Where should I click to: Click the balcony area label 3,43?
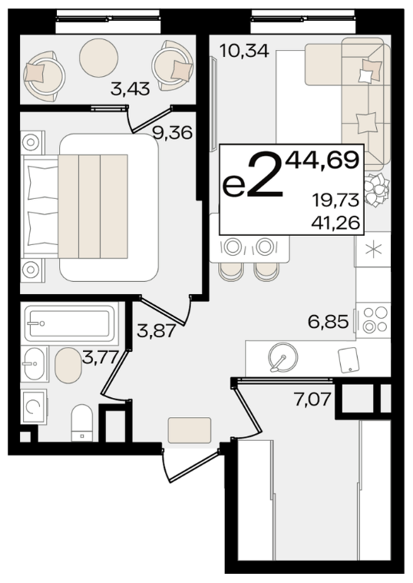(x=130, y=89)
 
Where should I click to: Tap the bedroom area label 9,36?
(x=173, y=132)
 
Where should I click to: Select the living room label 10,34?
(x=244, y=51)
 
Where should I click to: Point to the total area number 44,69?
(x=322, y=161)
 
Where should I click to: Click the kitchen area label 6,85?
(x=329, y=322)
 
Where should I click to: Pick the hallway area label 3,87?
(x=156, y=330)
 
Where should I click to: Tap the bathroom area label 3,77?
(x=100, y=359)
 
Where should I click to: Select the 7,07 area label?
(x=312, y=399)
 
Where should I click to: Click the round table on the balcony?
(x=98, y=58)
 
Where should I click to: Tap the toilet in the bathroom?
(x=82, y=422)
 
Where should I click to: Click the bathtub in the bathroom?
(x=70, y=323)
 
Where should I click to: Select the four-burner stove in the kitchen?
(x=374, y=320)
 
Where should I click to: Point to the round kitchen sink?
(x=283, y=357)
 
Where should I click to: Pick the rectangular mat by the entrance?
(x=190, y=430)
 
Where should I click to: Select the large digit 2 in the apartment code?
(x=265, y=174)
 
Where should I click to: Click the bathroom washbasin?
(x=35, y=364)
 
